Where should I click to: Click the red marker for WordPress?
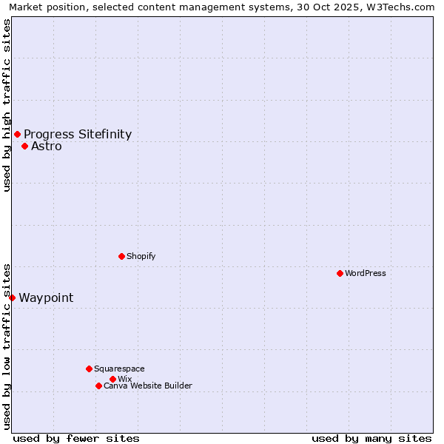pyautogui.click(x=340, y=273)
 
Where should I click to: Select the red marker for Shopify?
pyautogui.click(x=121, y=256)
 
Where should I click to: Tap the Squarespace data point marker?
pyautogui.click(x=89, y=369)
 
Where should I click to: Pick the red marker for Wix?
pyautogui.click(x=112, y=379)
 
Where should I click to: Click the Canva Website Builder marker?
pyautogui.click(x=98, y=386)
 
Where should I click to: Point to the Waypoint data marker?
pyautogui.click(x=12, y=297)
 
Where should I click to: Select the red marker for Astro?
pyautogui.click(x=24, y=146)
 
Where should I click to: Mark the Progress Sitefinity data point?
pyautogui.click(x=17, y=134)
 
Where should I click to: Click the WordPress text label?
pyautogui.click(x=366, y=273)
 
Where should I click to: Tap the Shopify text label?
pyautogui.click(x=141, y=256)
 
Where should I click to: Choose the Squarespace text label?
pyautogui.click(x=120, y=369)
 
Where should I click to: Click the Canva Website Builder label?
pyautogui.click(x=148, y=386)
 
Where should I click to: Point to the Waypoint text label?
pyautogui.click(x=46, y=297)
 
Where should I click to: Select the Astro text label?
pyautogui.click(x=47, y=146)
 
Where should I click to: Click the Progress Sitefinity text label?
pyautogui.click(x=78, y=134)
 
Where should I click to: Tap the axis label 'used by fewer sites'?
pyautogui.click(x=76, y=438)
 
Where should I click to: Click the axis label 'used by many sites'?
pyautogui.click(x=371, y=438)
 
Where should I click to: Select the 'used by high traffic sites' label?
pyautogui.click(x=7, y=105)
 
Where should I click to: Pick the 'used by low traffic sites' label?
pyautogui.click(x=7, y=346)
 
